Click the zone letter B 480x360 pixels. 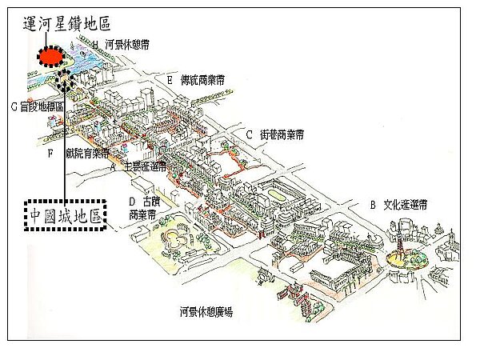[372, 204]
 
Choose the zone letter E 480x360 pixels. [170, 80]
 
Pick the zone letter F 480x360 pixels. [50, 151]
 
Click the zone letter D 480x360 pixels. [133, 201]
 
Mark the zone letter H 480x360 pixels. [95, 46]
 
